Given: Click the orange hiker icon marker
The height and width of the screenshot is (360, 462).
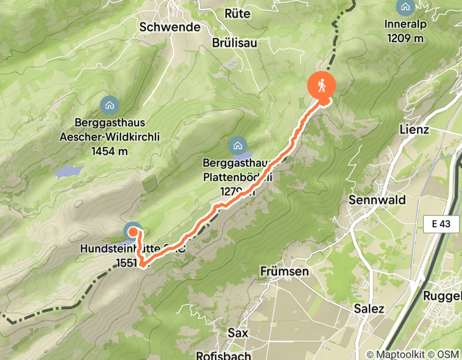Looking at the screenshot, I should tap(322, 85).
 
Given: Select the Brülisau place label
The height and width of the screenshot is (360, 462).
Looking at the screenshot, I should tap(235, 43).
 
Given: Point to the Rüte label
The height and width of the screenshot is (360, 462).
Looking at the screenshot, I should tap(238, 13).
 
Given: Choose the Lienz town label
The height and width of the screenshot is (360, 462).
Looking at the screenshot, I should tap(414, 130).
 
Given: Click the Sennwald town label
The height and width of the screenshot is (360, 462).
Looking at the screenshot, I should tap(377, 200).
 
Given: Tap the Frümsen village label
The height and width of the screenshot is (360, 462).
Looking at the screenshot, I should tap(285, 271).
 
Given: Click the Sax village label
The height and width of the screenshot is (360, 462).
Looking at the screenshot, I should tap(238, 333).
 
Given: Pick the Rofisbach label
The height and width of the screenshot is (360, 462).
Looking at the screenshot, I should tap(224, 355).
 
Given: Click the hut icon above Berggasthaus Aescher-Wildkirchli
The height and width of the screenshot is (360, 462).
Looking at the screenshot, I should tap(110, 105).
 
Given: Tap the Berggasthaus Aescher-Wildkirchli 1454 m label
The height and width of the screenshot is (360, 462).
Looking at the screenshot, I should tap(110, 137).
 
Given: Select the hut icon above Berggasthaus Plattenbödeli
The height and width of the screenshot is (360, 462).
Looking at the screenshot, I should tap(237, 145).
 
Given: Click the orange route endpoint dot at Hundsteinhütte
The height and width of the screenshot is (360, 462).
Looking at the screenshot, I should tap(132, 232).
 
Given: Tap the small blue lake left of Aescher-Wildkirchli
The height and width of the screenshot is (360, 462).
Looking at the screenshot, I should tap(69, 171).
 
